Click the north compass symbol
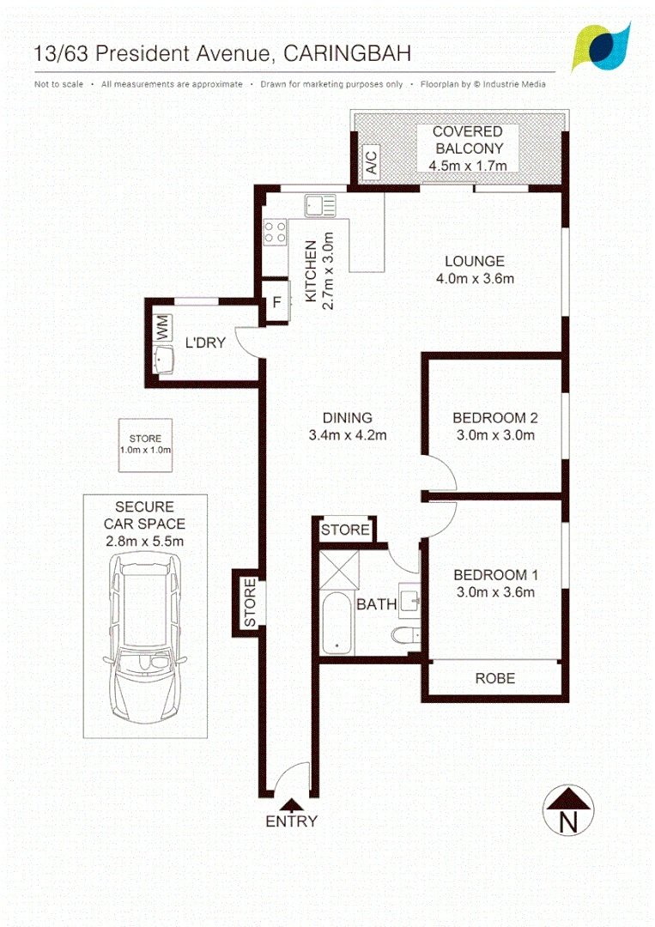tap(567, 810)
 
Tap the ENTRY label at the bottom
tap(291, 821)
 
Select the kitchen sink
tap(320, 206)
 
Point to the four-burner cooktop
tap(275, 231)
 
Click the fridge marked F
tap(276, 302)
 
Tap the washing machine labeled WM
tap(162, 328)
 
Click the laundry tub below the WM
tap(163, 360)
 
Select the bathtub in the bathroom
tap(337, 622)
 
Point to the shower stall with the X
tap(339, 570)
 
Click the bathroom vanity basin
tap(409, 601)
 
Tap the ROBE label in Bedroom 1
tap(495, 678)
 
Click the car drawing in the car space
tap(145, 638)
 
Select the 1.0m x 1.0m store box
tap(145, 445)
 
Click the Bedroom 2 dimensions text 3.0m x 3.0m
tap(495, 436)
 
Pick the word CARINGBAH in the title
tap(347, 54)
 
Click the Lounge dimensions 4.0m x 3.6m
tap(476, 278)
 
